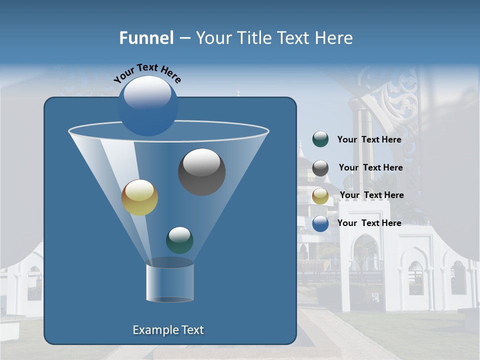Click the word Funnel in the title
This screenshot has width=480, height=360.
(146, 38)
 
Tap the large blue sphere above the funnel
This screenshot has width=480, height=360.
(147, 105)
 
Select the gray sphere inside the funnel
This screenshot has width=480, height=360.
(202, 171)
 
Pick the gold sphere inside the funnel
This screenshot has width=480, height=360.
(139, 197)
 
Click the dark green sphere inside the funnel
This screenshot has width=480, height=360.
(179, 240)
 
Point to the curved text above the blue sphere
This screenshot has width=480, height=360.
(147, 73)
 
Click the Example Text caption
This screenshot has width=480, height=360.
(168, 330)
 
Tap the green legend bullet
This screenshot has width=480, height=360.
(320, 139)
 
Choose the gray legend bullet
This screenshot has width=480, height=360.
(320, 168)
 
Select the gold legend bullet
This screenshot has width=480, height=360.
(320, 196)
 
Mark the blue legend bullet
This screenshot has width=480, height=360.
(320, 223)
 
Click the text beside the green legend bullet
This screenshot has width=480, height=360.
(369, 139)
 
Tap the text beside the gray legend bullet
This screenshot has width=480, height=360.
(370, 167)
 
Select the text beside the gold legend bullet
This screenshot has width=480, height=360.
(371, 195)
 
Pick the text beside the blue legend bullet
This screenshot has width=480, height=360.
(369, 223)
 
